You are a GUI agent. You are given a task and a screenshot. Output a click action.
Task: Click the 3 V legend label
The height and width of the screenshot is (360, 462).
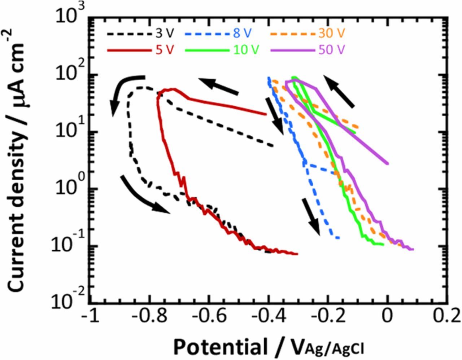pyautogui.click(x=165, y=33)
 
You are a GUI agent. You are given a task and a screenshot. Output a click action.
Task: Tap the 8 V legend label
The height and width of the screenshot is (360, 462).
pyautogui.click(x=242, y=33)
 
